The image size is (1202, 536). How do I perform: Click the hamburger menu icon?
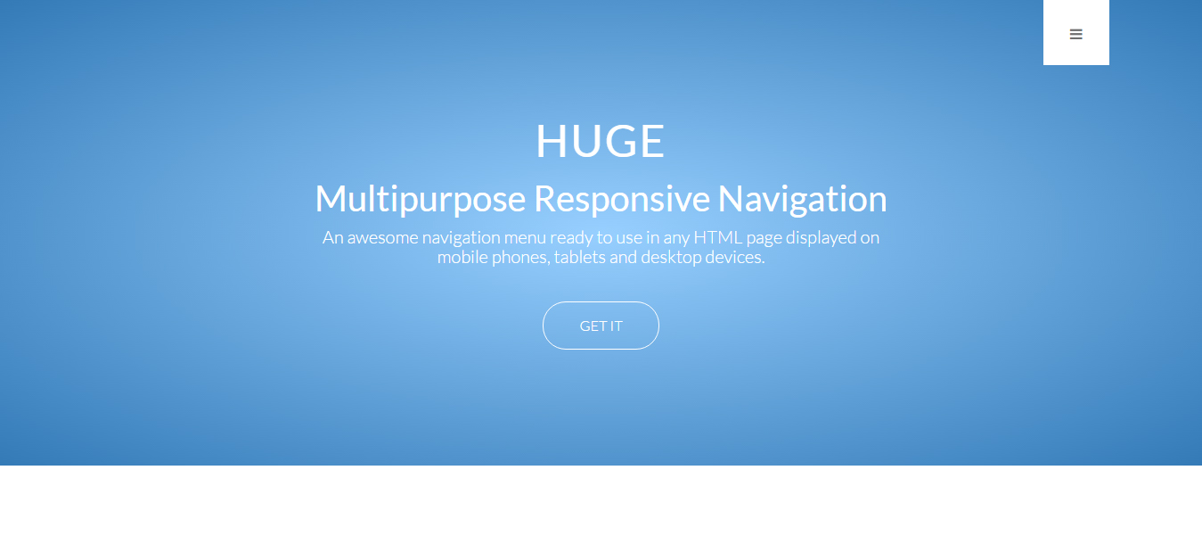tap(1075, 35)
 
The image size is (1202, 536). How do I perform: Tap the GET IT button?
tap(601, 326)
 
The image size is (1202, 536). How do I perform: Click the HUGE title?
tap(601, 141)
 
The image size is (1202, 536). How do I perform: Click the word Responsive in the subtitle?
tap(622, 199)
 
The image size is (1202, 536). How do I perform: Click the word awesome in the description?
tap(382, 237)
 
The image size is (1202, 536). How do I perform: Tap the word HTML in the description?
tap(718, 237)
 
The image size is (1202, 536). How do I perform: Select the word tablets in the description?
tap(580, 257)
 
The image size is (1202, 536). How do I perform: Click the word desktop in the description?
tap(671, 257)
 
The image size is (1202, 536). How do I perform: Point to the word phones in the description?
tap(521, 258)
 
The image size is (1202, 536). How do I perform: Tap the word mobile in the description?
tap(462, 257)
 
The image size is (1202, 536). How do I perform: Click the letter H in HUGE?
tap(551, 141)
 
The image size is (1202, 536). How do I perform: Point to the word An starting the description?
tap(332, 237)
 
